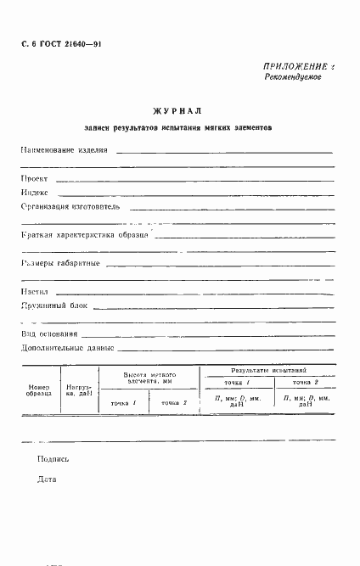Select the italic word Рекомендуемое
click(x=294, y=77)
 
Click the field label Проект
click(x=34, y=180)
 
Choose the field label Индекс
click(x=36, y=193)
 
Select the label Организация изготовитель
click(x=72, y=206)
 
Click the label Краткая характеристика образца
click(x=85, y=235)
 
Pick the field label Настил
click(x=36, y=293)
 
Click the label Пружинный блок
click(x=55, y=305)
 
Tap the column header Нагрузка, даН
click(x=80, y=390)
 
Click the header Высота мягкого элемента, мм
click(x=149, y=378)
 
